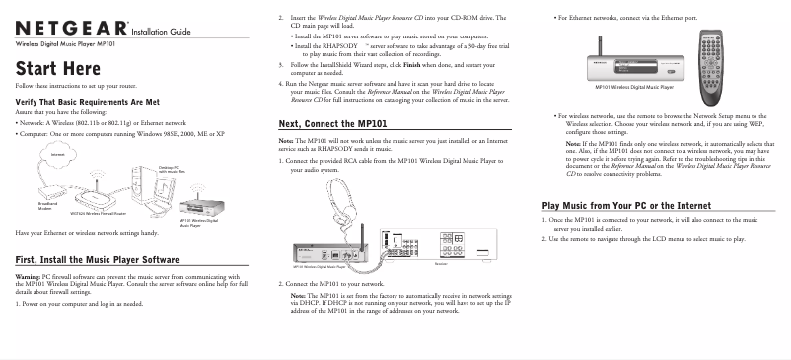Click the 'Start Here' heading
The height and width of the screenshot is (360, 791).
point(57,67)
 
